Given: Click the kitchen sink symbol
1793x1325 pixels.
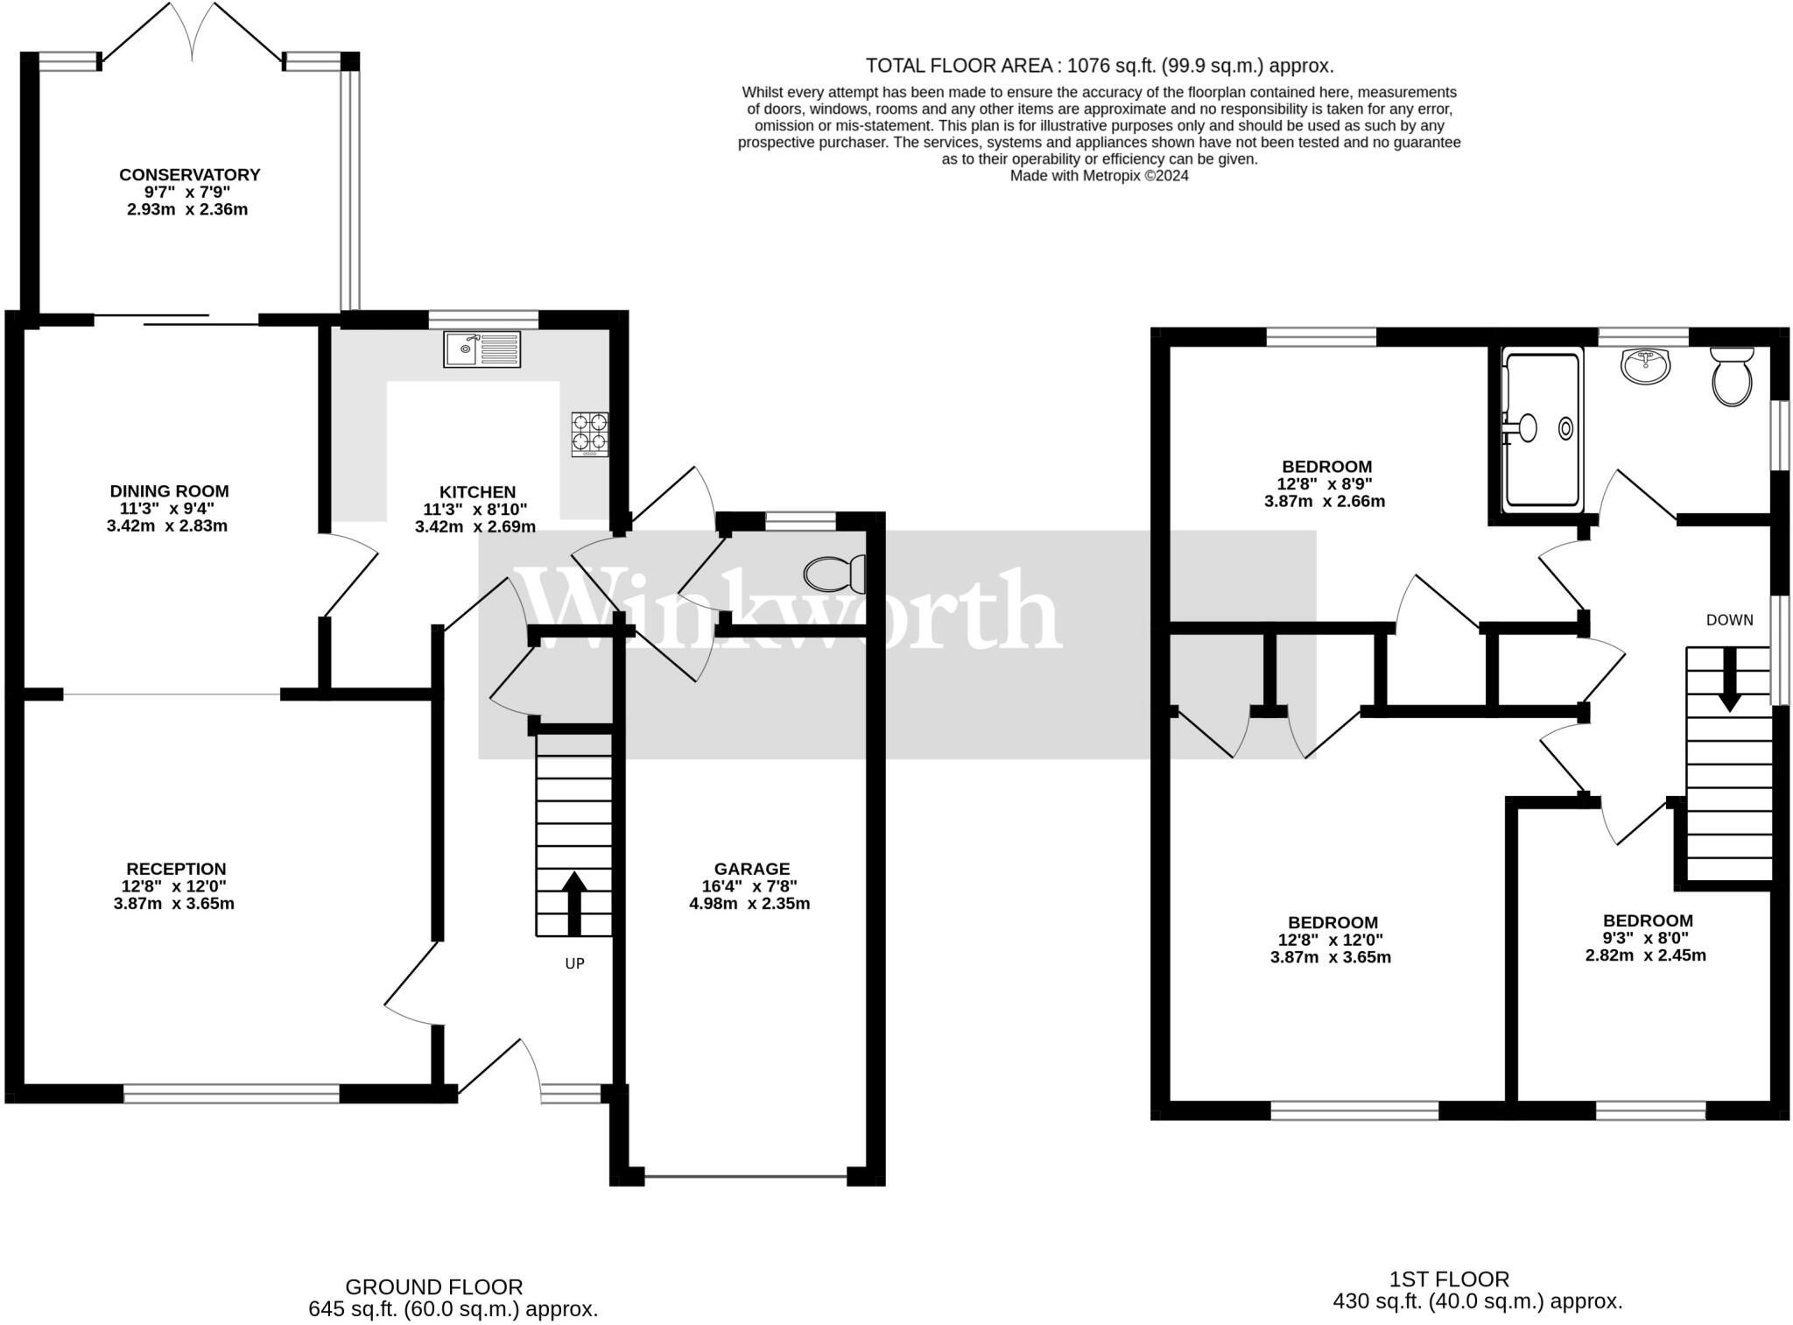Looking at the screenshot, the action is click(x=482, y=349).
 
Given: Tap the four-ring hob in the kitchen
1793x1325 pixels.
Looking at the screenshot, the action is click(x=590, y=433).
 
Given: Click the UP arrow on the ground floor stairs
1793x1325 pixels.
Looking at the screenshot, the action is click(x=574, y=904).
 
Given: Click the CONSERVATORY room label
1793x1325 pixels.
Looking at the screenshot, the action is click(x=190, y=175).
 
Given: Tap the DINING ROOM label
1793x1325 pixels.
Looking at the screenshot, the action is click(x=169, y=491).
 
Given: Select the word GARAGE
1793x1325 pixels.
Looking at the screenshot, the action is click(x=752, y=869).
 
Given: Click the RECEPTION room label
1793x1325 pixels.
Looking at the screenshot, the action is click(x=176, y=869).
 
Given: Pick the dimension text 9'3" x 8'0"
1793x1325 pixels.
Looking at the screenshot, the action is click(x=1646, y=937).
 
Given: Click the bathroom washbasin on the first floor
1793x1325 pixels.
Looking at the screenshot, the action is click(x=1646, y=366).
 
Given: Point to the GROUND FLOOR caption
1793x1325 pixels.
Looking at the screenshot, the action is click(x=434, y=1287).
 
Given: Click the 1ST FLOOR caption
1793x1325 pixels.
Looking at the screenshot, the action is click(x=1450, y=1279).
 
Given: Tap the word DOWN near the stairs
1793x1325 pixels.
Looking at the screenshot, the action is click(x=1730, y=620).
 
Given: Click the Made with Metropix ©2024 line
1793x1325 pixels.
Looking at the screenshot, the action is click(x=1100, y=175).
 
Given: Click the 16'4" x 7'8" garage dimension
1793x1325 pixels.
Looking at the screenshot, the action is click(x=749, y=886).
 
